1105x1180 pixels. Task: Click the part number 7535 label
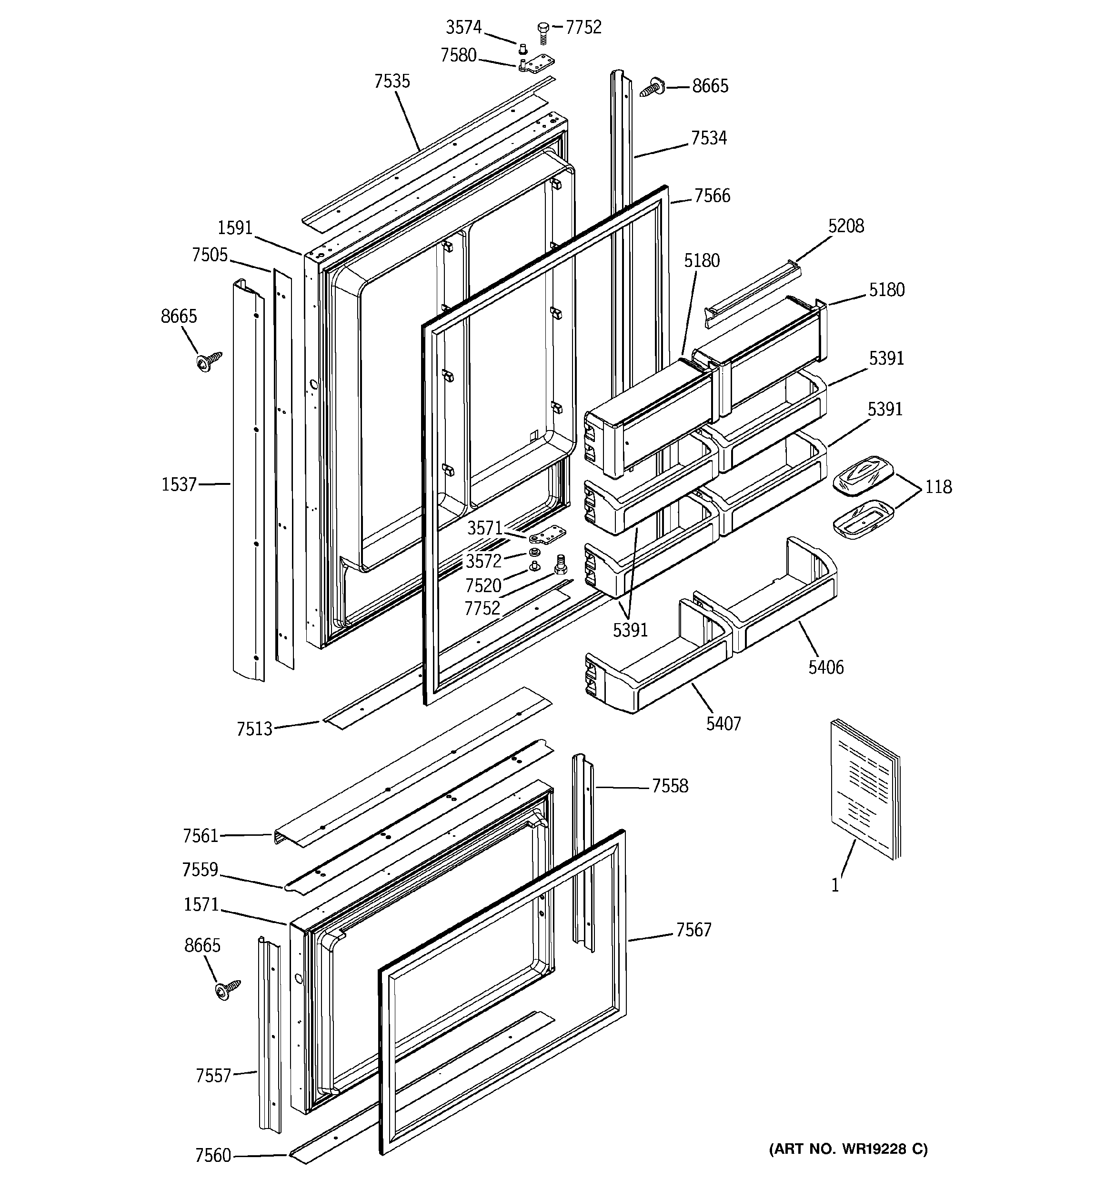tap(392, 82)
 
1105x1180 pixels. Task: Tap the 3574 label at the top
tap(463, 27)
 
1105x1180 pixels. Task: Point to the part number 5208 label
tap(846, 226)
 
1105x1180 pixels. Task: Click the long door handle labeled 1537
tap(248, 481)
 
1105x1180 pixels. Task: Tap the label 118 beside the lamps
tap(938, 487)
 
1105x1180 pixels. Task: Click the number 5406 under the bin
tap(825, 667)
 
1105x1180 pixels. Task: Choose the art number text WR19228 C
tap(848, 1149)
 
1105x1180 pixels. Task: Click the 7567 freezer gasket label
tap(693, 930)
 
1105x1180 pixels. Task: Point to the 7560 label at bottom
tap(213, 1155)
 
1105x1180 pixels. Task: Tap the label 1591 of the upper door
tap(235, 228)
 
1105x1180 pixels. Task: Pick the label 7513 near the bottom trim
tap(254, 729)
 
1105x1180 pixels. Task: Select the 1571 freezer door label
tap(201, 904)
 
